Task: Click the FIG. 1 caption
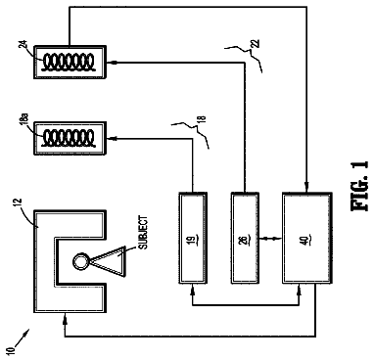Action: click(x=360, y=185)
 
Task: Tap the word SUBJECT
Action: click(x=144, y=233)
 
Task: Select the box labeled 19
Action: click(x=193, y=238)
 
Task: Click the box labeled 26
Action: click(x=245, y=238)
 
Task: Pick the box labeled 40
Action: click(x=306, y=238)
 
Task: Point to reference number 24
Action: click(x=23, y=44)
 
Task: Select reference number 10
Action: click(x=11, y=350)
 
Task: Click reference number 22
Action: click(x=256, y=43)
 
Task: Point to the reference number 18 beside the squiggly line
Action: click(x=202, y=119)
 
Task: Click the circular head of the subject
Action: click(x=79, y=261)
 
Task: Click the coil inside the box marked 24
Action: click(x=70, y=62)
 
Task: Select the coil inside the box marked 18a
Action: click(x=70, y=138)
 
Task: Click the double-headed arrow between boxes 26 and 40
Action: click(x=270, y=239)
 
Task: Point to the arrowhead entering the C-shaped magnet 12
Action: click(x=65, y=316)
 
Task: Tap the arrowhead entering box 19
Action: click(x=193, y=288)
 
